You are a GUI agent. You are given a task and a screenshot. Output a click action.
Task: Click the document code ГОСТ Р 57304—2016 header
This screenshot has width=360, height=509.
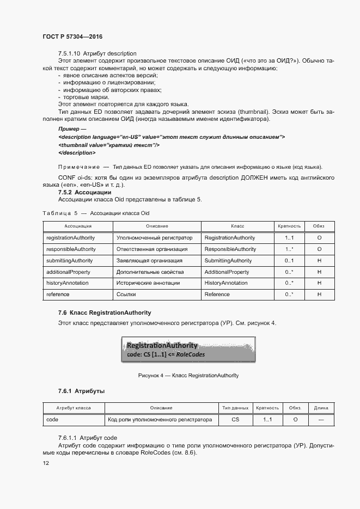click(72, 36)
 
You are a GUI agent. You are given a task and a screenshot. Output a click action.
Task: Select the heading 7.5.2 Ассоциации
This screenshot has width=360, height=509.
click(84, 192)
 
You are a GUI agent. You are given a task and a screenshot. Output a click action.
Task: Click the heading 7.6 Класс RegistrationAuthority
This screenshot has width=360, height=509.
click(105, 313)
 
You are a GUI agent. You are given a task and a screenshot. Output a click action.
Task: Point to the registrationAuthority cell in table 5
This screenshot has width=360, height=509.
click(71, 238)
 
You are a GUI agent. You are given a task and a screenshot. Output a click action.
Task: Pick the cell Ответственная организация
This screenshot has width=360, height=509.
click(152, 249)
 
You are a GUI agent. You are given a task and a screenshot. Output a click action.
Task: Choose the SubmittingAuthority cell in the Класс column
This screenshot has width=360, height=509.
click(228, 261)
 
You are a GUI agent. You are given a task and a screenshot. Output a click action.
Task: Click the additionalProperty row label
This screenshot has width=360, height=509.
click(69, 272)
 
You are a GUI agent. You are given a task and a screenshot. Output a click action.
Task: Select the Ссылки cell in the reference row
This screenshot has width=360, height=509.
click(126, 295)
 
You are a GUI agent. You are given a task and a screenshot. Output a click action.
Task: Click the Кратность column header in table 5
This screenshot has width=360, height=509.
click(289, 226)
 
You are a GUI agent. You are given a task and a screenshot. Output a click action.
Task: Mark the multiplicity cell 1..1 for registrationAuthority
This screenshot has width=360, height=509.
click(289, 238)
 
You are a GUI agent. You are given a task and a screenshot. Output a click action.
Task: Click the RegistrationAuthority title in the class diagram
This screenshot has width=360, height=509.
click(162, 346)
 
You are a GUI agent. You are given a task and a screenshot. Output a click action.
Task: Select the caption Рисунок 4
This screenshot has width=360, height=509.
click(188, 376)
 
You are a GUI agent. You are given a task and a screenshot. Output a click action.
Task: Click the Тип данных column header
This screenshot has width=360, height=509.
click(235, 408)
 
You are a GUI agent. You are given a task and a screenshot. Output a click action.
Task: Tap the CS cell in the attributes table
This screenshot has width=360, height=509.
click(235, 420)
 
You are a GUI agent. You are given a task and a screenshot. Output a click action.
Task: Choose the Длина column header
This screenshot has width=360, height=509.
click(321, 408)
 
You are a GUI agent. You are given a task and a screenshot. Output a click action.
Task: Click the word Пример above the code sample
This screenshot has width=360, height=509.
click(69, 128)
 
